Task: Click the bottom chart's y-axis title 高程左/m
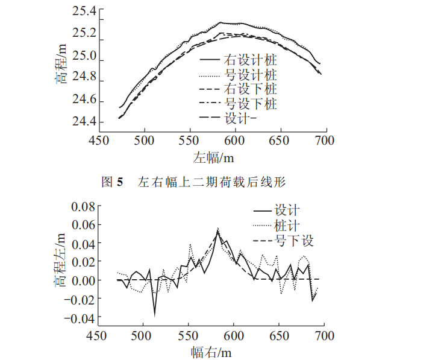pyautogui.click(x=61, y=261)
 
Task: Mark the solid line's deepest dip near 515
pyautogui.click(x=154, y=314)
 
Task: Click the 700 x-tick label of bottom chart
pyautogui.click(x=325, y=335)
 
